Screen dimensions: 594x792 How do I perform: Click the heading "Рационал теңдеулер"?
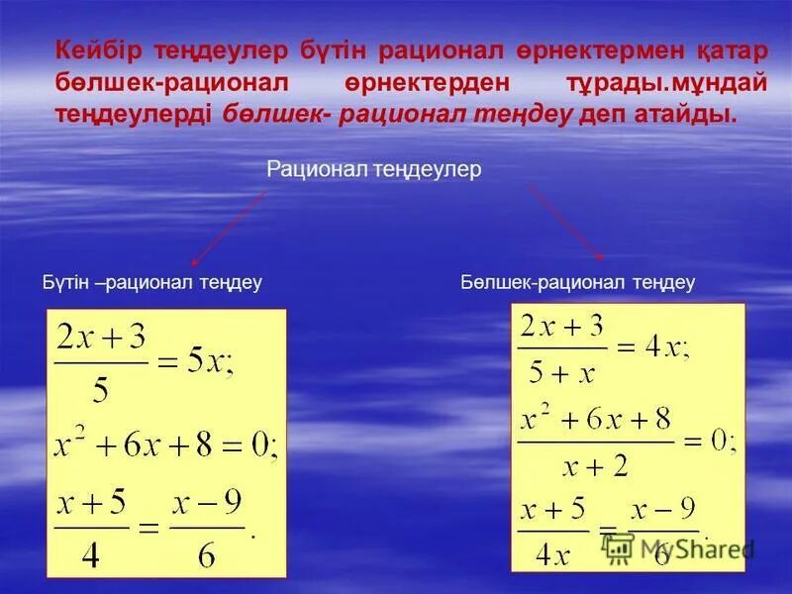[373, 170]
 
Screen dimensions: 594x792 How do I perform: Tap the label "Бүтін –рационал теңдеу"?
[151, 283]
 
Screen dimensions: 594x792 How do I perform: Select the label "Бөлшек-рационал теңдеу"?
[578, 283]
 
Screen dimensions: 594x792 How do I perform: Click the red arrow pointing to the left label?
[229, 229]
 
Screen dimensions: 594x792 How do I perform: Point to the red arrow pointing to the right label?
[565, 222]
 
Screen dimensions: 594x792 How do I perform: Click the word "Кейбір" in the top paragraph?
[94, 49]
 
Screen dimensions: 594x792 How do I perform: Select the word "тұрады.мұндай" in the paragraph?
[662, 82]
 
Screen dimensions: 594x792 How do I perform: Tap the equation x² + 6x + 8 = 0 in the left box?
[164, 447]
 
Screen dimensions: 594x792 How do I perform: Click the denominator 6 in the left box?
[206, 553]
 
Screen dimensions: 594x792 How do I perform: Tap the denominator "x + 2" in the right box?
[593, 464]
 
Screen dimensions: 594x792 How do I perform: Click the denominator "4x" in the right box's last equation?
[552, 551]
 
